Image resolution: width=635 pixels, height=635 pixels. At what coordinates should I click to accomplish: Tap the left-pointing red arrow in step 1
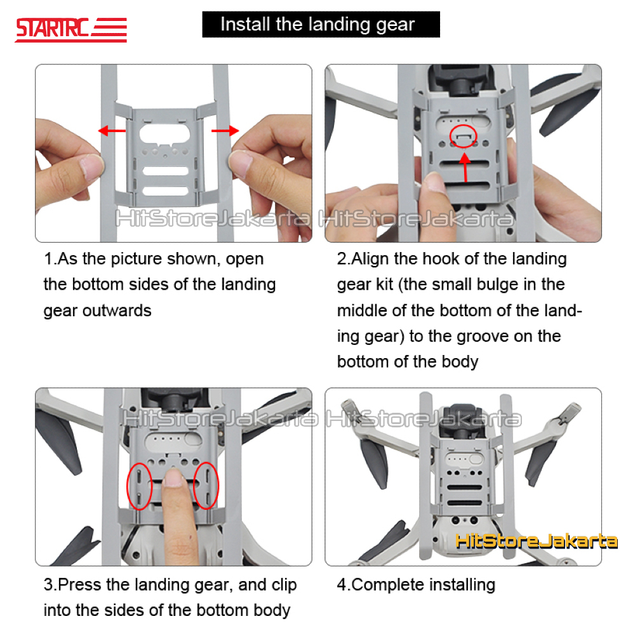(111, 131)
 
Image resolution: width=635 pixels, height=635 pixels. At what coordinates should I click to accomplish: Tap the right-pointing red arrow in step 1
(225, 130)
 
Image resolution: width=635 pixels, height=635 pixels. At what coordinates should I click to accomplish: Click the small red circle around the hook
(465, 135)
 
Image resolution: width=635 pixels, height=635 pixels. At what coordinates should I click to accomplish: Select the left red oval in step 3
(139, 485)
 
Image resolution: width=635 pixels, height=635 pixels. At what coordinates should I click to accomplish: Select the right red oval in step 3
(206, 485)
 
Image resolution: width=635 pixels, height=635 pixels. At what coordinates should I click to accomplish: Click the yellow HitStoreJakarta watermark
(536, 541)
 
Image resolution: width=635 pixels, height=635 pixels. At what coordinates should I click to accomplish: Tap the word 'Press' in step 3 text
(86, 584)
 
